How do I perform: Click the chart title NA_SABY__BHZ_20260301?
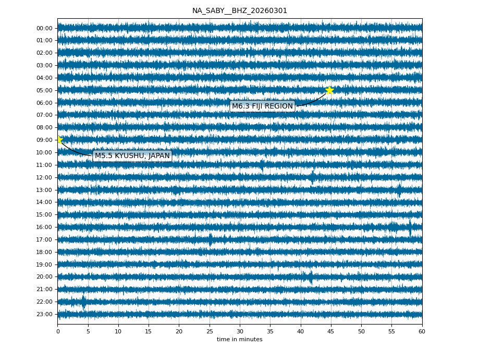[239, 11]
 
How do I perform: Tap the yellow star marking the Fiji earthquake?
[329, 90]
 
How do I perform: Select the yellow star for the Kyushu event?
[59, 140]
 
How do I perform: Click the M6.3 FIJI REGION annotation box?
[262, 106]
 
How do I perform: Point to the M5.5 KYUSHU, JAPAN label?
[132, 156]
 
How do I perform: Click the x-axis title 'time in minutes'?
[239, 340]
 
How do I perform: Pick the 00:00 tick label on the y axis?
[45, 28]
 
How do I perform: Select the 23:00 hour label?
[45, 314]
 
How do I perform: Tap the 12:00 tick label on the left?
[45, 177]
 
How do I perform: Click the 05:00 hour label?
[45, 90]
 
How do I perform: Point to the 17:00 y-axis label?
[45, 239]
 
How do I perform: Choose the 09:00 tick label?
[45, 140]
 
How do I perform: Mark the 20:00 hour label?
[45, 277]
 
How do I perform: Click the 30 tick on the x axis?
[240, 331]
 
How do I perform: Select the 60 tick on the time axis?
[422, 331]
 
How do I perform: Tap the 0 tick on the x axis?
[58, 331]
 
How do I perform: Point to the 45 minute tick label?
[330, 331]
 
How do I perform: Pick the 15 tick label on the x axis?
[149, 331]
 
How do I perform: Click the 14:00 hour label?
[45, 202]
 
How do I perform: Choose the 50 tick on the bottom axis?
[361, 331]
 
